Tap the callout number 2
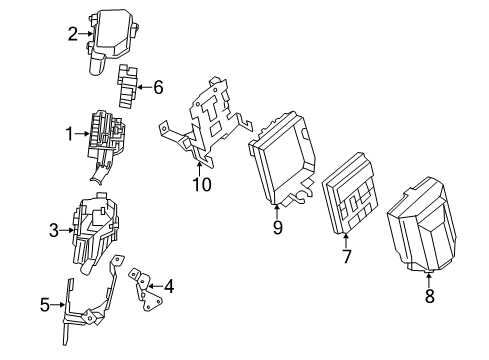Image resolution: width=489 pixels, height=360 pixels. pyautogui.click(x=73, y=34)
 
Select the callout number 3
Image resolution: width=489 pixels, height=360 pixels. pyautogui.click(x=54, y=231)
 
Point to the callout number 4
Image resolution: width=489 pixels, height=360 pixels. pyautogui.click(x=169, y=287)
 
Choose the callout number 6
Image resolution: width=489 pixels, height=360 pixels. pyautogui.click(x=158, y=87)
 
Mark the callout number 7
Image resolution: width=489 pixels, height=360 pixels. pyautogui.click(x=347, y=257)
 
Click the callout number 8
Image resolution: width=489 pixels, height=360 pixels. pyautogui.click(x=429, y=295)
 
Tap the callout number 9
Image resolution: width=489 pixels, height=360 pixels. pyautogui.click(x=277, y=227)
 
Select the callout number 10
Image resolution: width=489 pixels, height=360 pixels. pyautogui.click(x=202, y=183)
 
